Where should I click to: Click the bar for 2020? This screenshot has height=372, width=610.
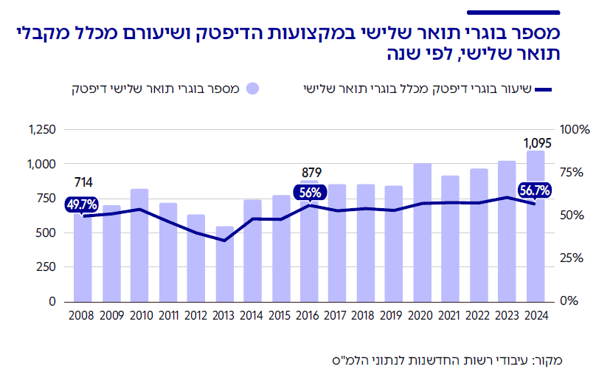coord(422,232)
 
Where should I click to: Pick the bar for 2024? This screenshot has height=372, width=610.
coord(536,226)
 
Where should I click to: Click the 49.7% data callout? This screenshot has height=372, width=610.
coord(82,204)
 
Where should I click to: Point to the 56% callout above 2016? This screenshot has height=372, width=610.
coord(309,193)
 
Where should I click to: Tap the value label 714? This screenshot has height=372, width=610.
coord(83,182)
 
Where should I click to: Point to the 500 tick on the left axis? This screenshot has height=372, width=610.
coord(46,233)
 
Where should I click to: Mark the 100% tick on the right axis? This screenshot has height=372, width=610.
coord(575,130)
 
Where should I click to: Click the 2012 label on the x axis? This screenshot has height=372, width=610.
coord(196,317)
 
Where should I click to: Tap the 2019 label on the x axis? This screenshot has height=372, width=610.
coord(394,317)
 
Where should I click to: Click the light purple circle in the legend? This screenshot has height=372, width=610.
coord(253,89)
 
